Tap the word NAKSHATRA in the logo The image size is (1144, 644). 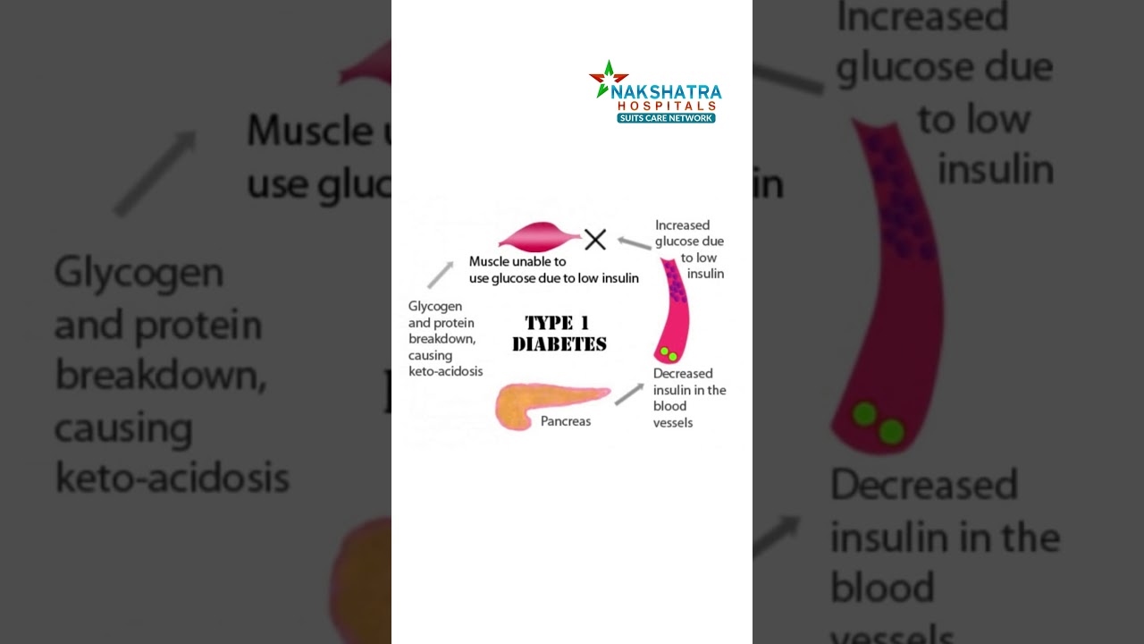667,92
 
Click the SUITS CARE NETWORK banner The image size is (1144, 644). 666,118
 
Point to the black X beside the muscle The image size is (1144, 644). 595,239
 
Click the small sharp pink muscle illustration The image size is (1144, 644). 539,238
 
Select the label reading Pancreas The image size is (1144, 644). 565,420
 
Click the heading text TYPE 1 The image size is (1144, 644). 556,323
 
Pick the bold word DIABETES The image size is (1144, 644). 559,344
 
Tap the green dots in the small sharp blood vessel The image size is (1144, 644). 668,354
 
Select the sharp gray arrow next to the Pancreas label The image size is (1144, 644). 629,394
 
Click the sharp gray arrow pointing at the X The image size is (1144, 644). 634,242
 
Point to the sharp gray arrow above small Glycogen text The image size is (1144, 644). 440,275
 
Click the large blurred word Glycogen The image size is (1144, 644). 139,272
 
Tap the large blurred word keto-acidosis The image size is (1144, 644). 172,479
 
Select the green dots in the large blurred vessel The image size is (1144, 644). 877,423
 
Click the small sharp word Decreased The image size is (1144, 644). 683,373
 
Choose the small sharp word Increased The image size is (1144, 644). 682,225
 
